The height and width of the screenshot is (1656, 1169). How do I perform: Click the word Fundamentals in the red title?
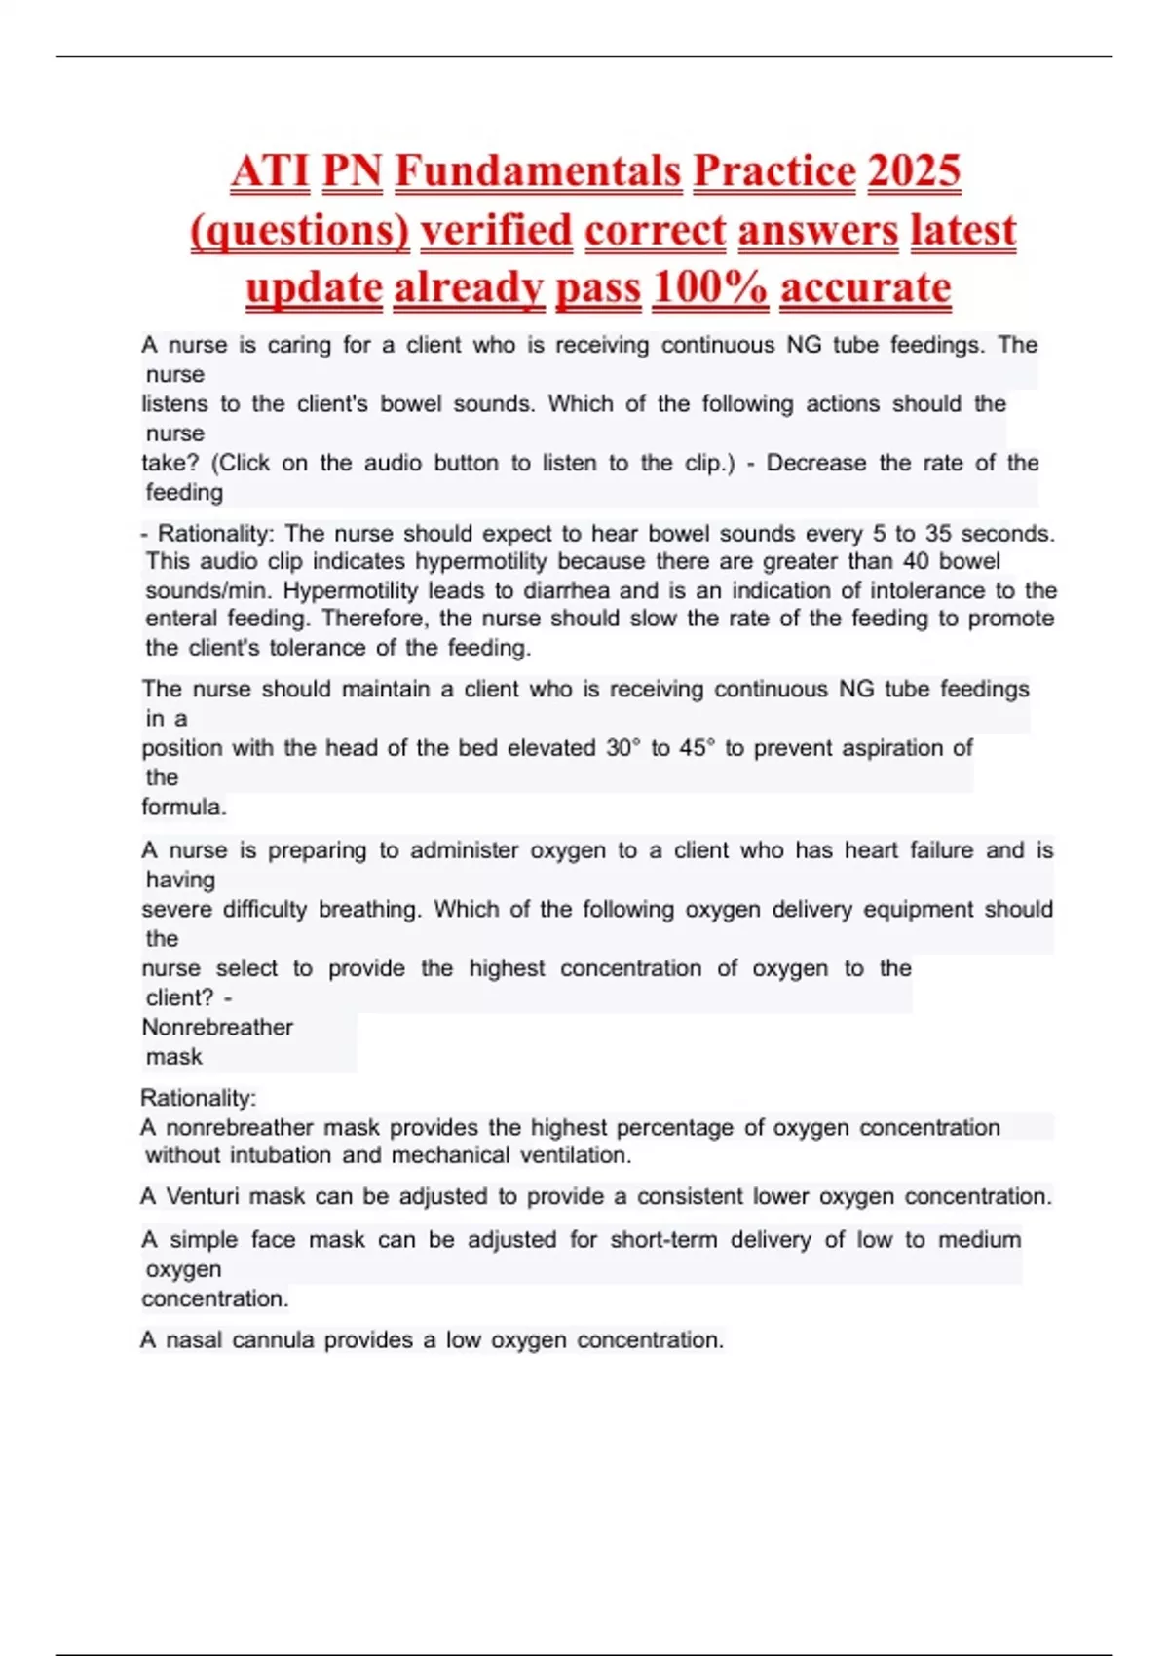tap(538, 171)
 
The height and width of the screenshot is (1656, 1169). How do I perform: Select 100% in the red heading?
tap(710, 288)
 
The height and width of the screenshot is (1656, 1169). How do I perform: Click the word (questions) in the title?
tap(300, 231)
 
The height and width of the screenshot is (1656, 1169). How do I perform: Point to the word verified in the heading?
tap(496, 231)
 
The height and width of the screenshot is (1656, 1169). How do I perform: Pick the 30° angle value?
tap(623, 748)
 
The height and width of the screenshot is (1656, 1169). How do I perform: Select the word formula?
tap(183, 808)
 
